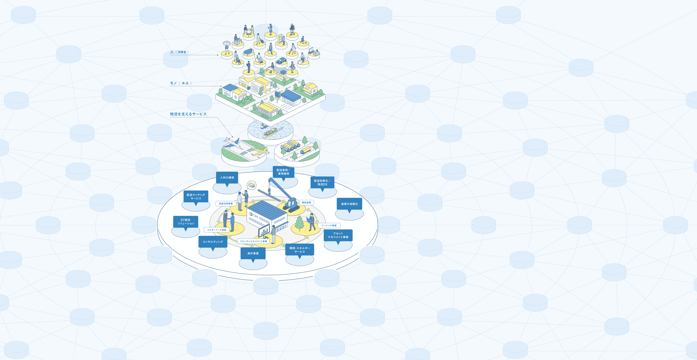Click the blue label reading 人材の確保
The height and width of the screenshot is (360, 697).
[x=227, y=178]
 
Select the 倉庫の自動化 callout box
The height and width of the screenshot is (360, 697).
[x=349, y=204]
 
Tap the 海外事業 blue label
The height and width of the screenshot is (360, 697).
[x=253, y=253]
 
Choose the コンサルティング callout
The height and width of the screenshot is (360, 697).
[x=213, y=242]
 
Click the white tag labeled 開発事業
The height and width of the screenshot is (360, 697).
[x=306, y=203]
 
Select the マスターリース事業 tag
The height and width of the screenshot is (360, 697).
[x=216, y=230]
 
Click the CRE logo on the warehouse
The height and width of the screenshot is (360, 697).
[x=254, y=216]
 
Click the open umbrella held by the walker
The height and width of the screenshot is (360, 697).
[x=226, y=43]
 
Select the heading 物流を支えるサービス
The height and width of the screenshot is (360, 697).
[x=188, y=114]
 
